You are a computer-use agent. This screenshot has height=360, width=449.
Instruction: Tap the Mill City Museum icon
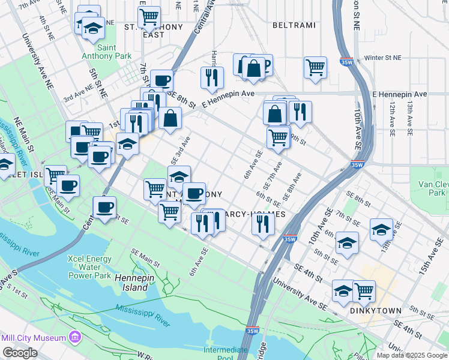point(75,338)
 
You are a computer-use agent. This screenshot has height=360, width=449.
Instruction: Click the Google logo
point(20,353)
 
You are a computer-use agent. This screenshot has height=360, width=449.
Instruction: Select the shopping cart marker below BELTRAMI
point(315,68)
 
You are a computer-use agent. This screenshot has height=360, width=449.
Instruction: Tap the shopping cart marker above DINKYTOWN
point(364,291)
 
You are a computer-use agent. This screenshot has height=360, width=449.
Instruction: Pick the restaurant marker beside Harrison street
point(212,77)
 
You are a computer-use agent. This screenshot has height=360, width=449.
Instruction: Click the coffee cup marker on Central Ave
point(105,208)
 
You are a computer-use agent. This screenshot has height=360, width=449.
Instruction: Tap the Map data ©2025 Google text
point(412,355)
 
